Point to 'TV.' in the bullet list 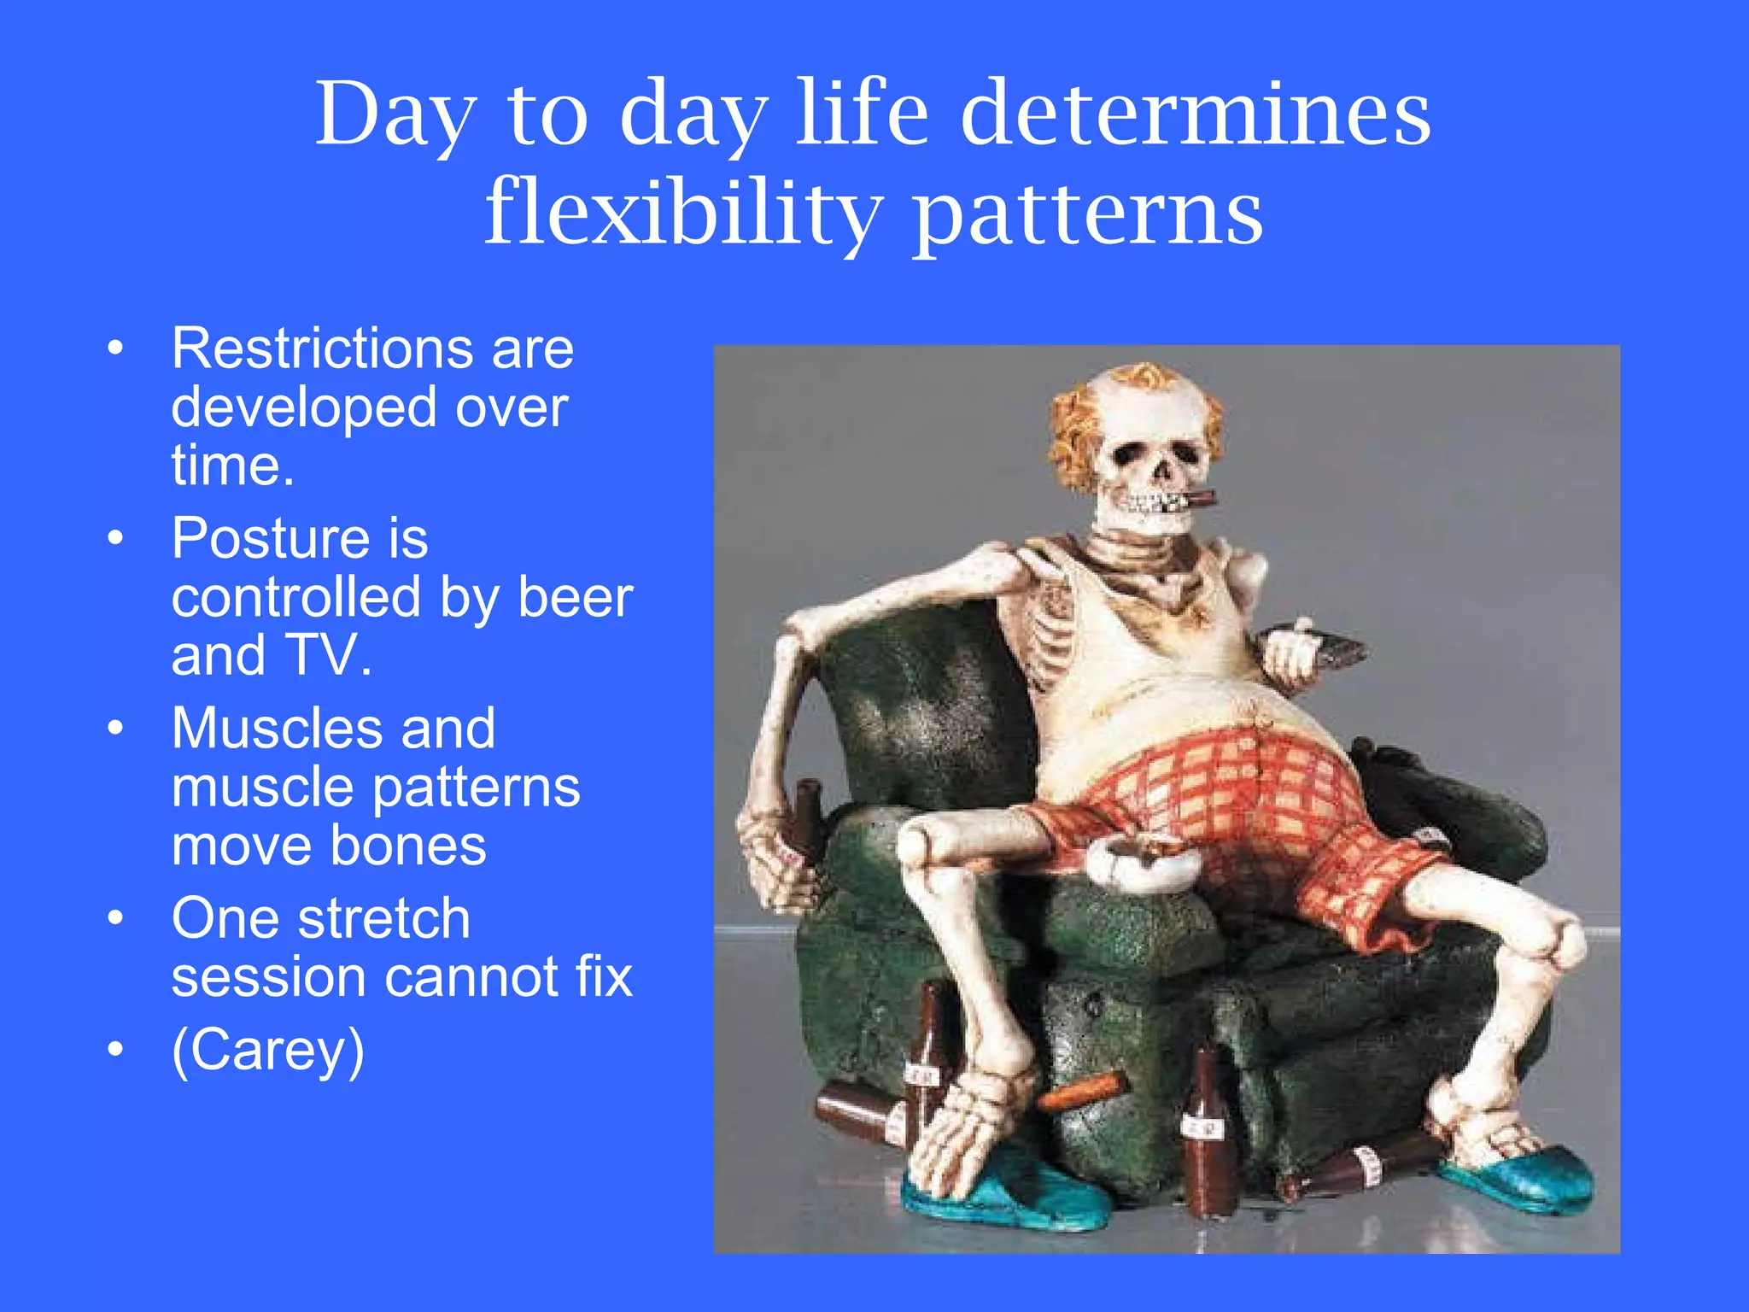tap(329, 655)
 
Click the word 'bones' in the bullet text tap(407, 846)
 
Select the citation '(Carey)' tap(267, 1051)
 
